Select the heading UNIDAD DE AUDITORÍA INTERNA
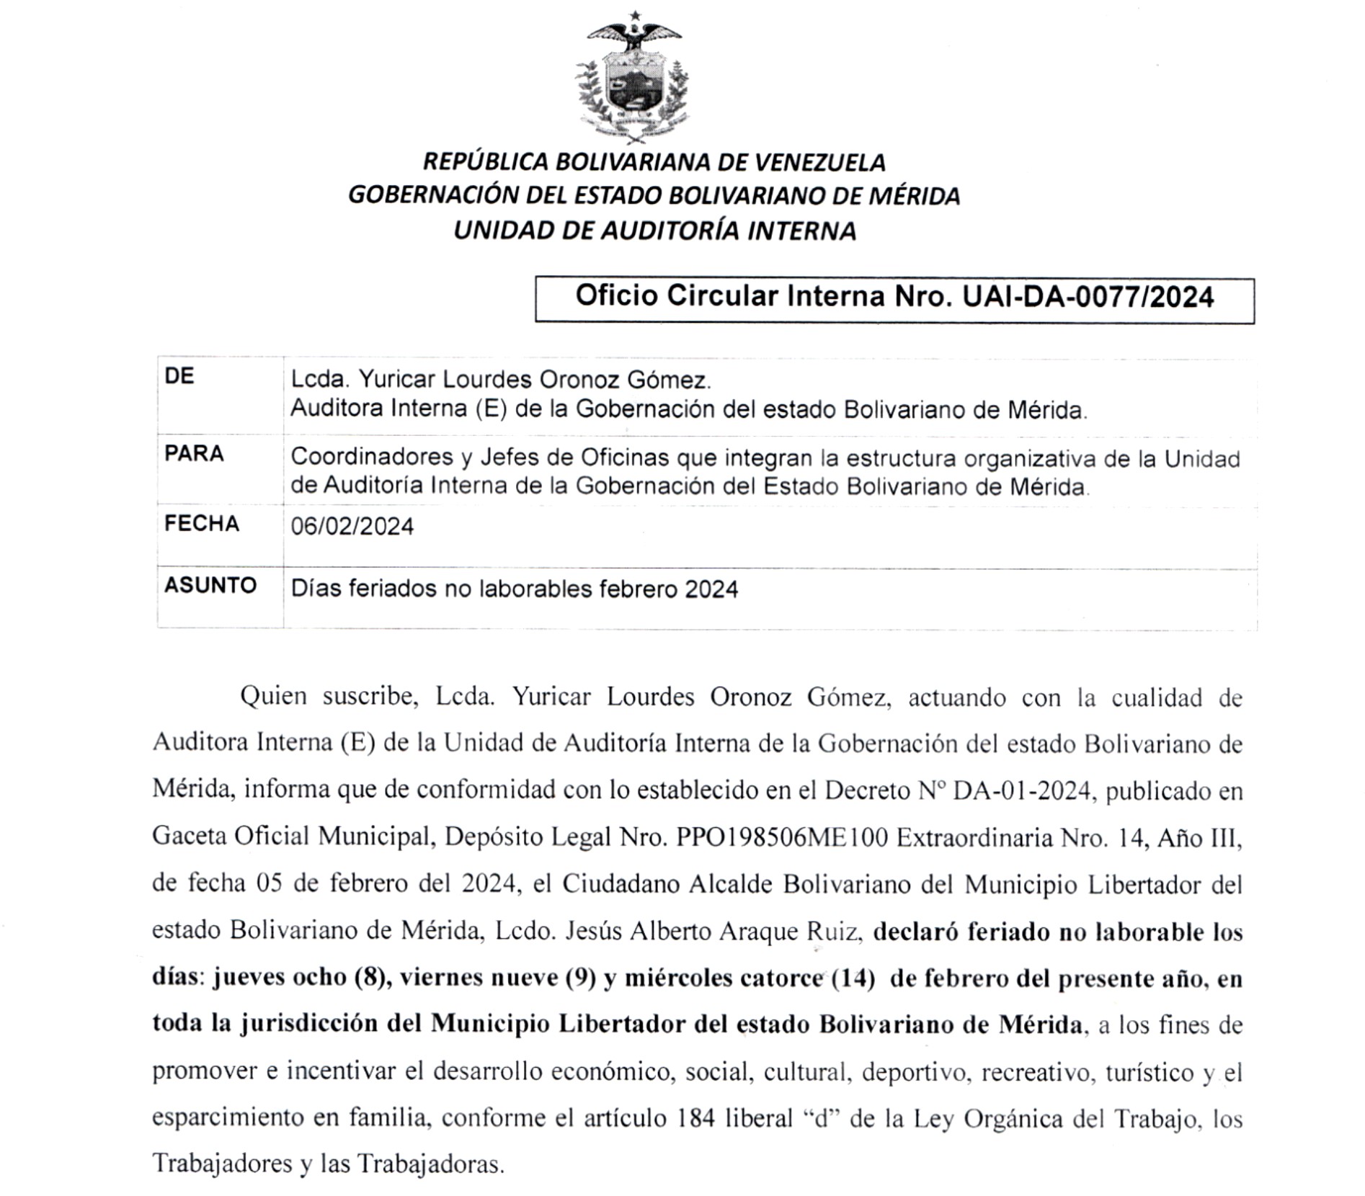[x=654, y=231]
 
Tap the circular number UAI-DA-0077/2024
[x=1088, y=297]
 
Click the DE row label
[x=179, y=376]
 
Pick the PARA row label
[x=194, y=454]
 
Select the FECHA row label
[x=201, y=524]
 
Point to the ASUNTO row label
[x=210, y=585]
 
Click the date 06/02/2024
[x=352, y=527]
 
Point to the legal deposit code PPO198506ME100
[x=782, y=838]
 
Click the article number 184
[x=697, y=1119]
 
